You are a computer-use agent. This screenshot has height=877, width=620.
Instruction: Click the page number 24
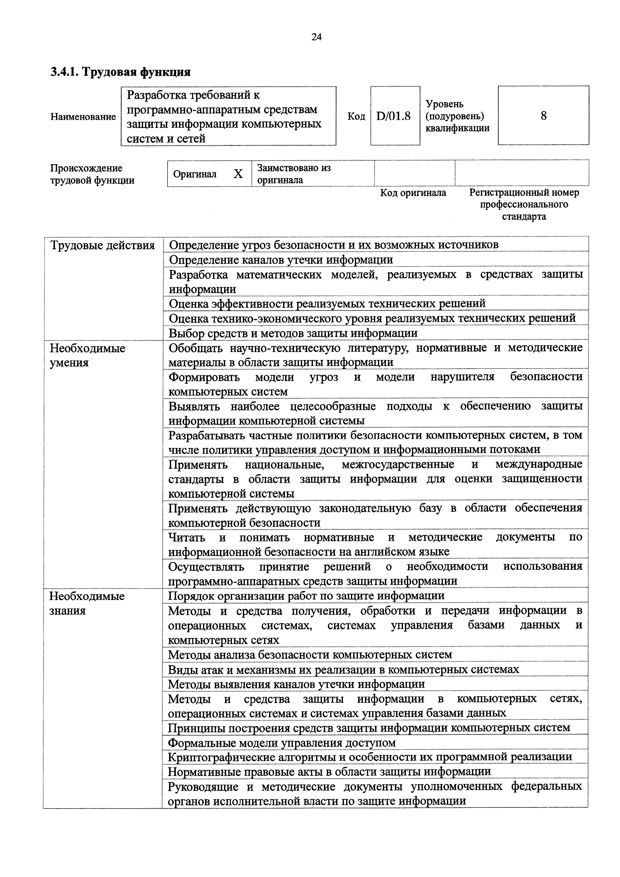[x=316, y=37]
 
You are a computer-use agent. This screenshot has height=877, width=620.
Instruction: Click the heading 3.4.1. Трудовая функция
[x=120, y=72]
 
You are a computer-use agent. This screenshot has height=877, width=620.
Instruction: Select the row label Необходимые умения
[x=88, y=355]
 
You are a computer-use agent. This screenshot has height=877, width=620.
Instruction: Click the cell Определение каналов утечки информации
[x=281, y=260]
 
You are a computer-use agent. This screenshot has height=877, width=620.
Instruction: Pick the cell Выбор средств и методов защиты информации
[x=293, y=333]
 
